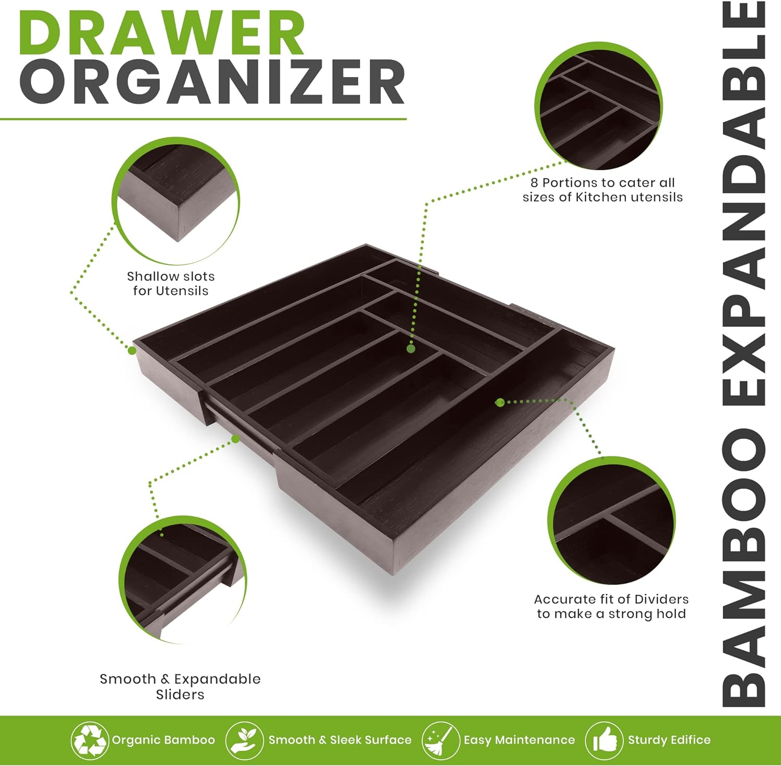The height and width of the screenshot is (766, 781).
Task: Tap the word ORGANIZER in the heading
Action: coord(212,82)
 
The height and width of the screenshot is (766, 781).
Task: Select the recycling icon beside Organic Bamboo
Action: coord(90,740)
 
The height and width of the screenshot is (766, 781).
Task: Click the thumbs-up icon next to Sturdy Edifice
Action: coord(604,740)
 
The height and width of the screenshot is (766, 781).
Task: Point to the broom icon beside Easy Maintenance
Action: coord(440,740)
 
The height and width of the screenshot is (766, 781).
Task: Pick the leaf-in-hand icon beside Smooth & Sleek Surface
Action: coord(245,740)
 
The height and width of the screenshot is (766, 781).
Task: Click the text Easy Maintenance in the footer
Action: coord(519,740)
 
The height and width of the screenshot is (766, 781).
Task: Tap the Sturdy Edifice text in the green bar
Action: coord(669,740)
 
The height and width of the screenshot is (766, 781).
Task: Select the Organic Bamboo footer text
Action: coord(163,740)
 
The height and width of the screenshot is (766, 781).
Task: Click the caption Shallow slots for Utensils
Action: coord(171,284)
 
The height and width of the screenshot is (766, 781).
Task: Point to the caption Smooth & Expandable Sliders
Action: coord(180,686)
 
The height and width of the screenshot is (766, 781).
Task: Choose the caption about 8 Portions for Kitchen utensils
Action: coord(602,190)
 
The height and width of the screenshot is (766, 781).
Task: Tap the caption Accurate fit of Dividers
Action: coord(611,606)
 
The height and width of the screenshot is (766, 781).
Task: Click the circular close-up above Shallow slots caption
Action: coord(175,201)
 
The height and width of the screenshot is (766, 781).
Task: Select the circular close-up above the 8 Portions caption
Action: coord(599,106)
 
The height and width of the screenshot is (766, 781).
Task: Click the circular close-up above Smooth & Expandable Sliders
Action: coord(182,580)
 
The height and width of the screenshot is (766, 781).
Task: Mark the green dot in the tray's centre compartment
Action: coord(411,349)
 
